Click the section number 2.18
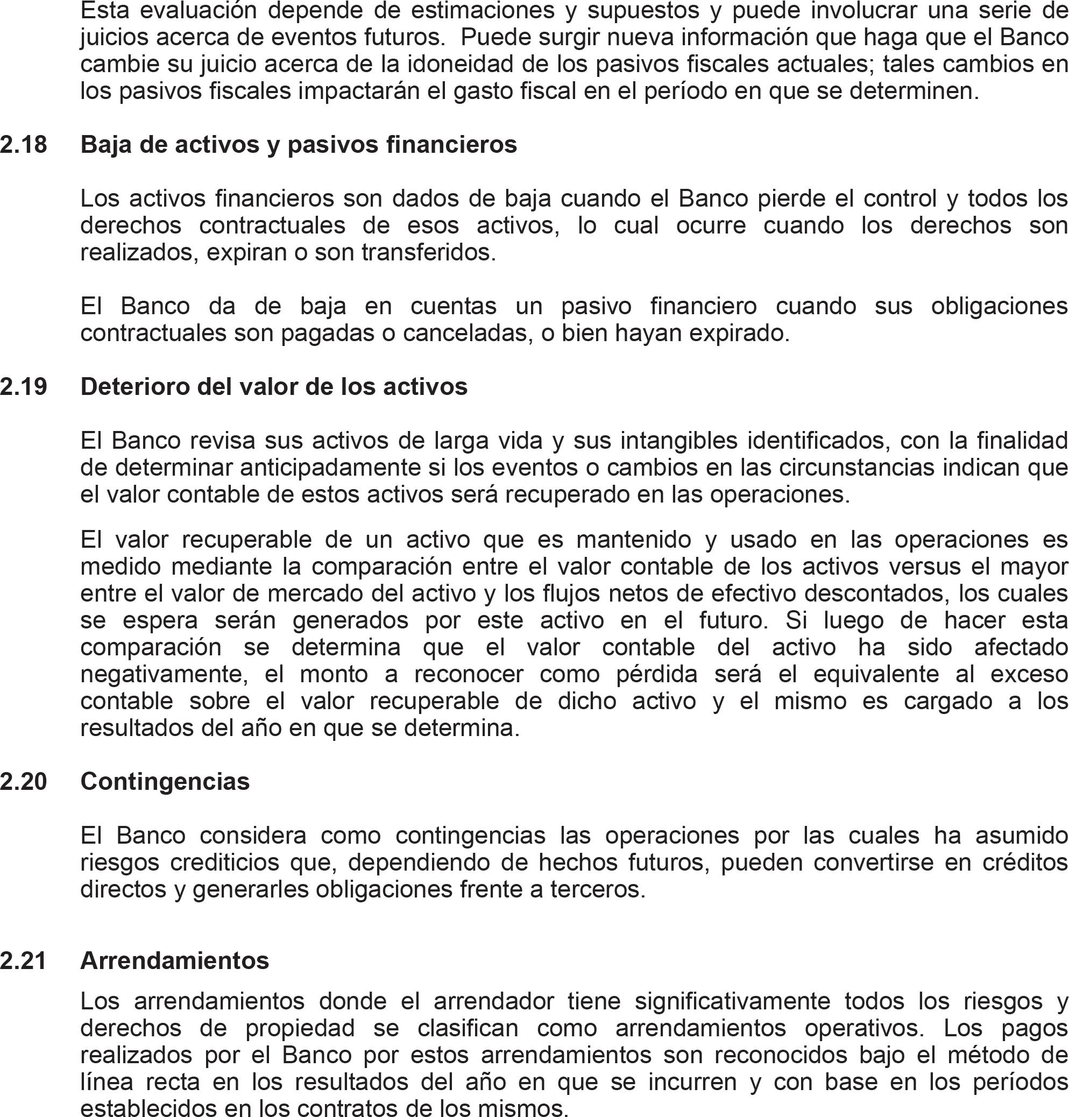tap(23, 145)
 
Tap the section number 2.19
tap(23, 387)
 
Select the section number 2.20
tap(23, 781)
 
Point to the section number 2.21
tap(23, 961)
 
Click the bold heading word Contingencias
tap(165, 781)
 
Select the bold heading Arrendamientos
tap(175, 961)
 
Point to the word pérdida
tap(657, 674)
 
